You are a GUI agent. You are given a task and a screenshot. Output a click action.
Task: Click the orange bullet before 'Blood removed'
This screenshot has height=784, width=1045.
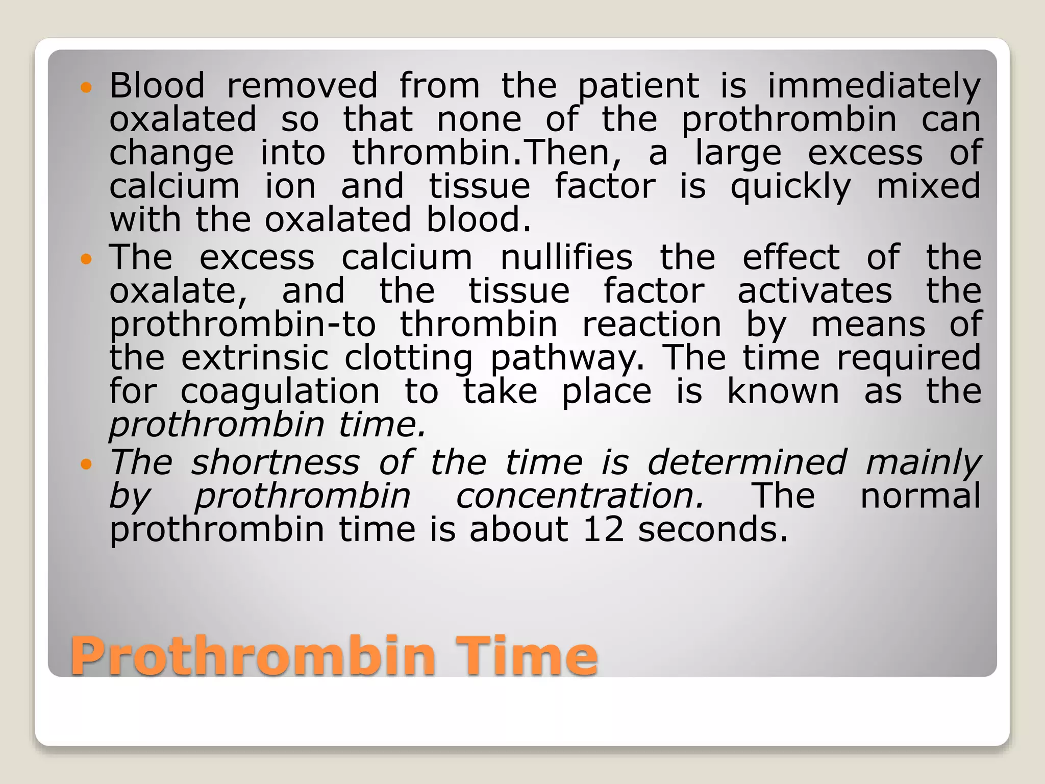[86, 87]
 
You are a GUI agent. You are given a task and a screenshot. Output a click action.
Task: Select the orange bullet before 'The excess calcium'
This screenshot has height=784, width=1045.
[86, 259]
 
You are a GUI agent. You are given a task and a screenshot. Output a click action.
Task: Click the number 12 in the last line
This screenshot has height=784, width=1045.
[603, 529]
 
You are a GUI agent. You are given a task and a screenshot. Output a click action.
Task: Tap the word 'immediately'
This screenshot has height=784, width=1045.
[874, 85]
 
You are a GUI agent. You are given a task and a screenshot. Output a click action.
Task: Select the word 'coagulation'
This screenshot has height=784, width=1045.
[280, 391]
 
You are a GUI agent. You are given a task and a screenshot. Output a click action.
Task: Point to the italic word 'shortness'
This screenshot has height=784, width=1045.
[276, 462]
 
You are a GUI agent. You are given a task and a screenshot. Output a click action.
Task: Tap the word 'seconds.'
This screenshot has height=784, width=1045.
[713, 529]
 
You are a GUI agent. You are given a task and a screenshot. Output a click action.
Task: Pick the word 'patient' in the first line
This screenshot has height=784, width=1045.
[638, 86]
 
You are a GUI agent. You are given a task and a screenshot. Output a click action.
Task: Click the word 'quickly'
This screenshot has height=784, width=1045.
[790, 187]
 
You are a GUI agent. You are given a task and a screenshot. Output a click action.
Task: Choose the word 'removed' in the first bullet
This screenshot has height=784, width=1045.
[302, 85]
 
